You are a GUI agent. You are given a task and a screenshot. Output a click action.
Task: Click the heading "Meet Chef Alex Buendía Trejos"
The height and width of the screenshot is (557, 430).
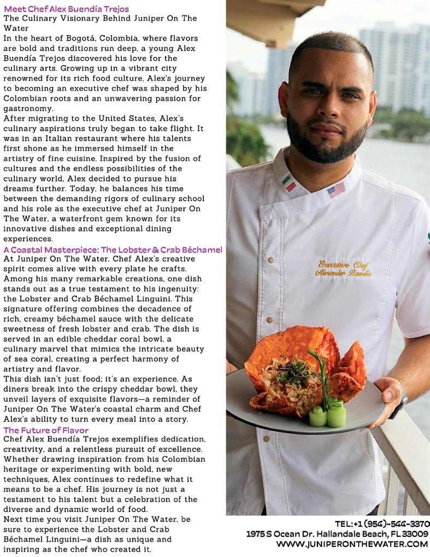[66, 9]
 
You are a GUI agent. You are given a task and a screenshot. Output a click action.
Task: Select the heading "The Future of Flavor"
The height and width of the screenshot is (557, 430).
[46, 430]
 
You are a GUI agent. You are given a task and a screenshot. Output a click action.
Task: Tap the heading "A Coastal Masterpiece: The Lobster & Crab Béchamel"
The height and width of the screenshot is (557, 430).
[113, 250]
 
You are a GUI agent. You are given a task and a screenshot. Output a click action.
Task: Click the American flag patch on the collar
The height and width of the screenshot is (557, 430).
[336, 190]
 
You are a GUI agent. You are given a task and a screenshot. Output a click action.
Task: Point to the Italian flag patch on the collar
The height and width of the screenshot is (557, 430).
[288, 183]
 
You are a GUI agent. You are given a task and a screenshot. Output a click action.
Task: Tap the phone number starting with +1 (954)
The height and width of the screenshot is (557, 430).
[382, 524]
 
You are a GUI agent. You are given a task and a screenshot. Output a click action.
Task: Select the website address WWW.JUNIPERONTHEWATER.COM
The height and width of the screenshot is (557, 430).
[352, 544]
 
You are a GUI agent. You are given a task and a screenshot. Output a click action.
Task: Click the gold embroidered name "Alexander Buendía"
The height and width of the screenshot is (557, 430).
[345, 273]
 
